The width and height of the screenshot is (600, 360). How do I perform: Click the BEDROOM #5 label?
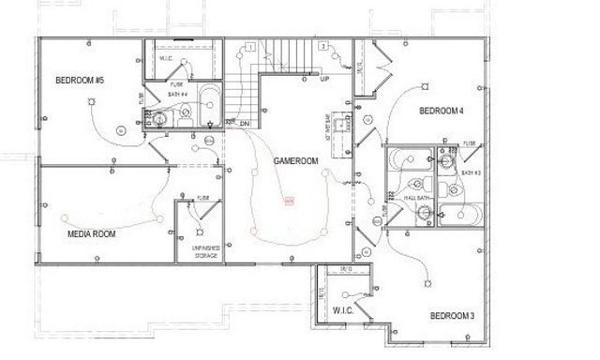click(x=79, y=80)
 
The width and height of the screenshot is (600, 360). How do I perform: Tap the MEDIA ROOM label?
click(x=91, y=233)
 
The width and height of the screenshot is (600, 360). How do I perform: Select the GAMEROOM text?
click(x=296, y=161)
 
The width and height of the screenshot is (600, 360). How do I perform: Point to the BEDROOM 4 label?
click(x=441, y=112)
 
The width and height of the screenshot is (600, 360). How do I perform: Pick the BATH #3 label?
click(x=471, y=173)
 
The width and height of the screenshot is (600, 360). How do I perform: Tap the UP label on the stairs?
click(x=324, y=78)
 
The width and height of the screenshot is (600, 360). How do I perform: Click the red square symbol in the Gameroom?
click(x=289, y=201)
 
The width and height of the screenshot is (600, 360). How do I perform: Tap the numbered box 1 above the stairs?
click(x=251, y=46)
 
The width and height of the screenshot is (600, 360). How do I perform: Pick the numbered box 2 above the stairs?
click(x=322, y=46)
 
